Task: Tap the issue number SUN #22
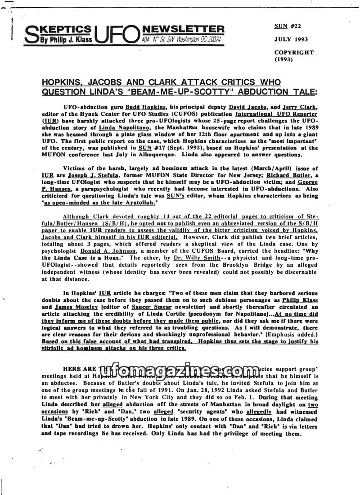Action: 288,26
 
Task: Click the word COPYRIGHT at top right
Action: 294,52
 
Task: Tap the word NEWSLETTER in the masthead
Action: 182,29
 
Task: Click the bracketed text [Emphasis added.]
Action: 290,335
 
